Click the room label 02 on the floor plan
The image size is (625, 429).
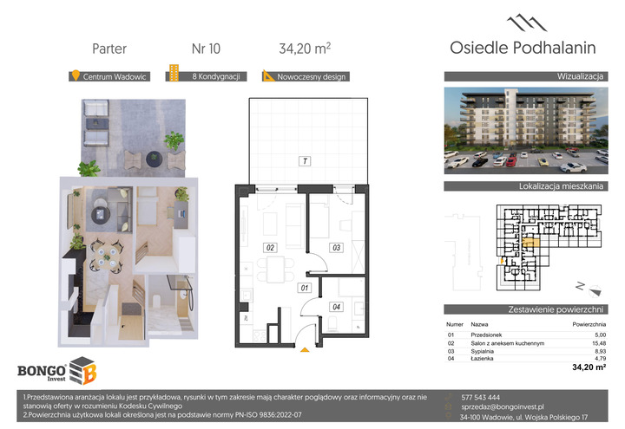point(270,248)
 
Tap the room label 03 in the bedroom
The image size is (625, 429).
point(337,248)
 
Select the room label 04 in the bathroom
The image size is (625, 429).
point(337,307)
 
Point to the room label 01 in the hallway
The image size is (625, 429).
point(305,288)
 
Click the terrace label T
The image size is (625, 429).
point(305,161)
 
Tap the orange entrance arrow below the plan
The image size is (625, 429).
point(305,350)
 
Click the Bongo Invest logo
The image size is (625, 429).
point(57,371)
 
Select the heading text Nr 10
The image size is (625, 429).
point(206,49)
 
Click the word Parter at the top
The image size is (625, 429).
point(109,49)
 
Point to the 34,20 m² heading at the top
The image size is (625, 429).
point(305,49)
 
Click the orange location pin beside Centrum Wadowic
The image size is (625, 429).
point(76,75)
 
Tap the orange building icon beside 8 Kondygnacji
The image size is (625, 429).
point(174,73)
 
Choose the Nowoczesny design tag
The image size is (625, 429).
point(306,76)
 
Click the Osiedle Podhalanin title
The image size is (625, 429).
point(523,48)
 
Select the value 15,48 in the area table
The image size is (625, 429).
point(599,343)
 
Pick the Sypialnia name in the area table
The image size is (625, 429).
point(483,351)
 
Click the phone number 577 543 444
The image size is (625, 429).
point(480,397)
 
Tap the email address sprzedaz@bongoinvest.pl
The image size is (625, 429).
point(503,406)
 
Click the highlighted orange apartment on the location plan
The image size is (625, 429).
point(530,243)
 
